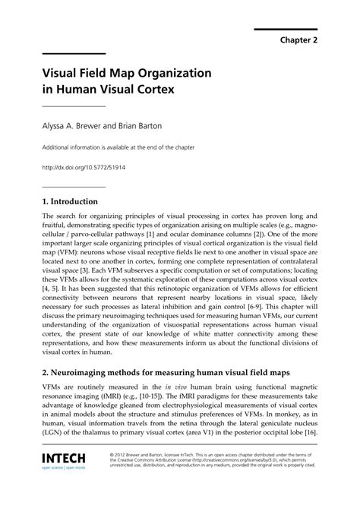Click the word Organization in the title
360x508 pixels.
168,75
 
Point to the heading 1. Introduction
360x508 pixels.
70,202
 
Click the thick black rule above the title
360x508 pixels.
74,53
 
